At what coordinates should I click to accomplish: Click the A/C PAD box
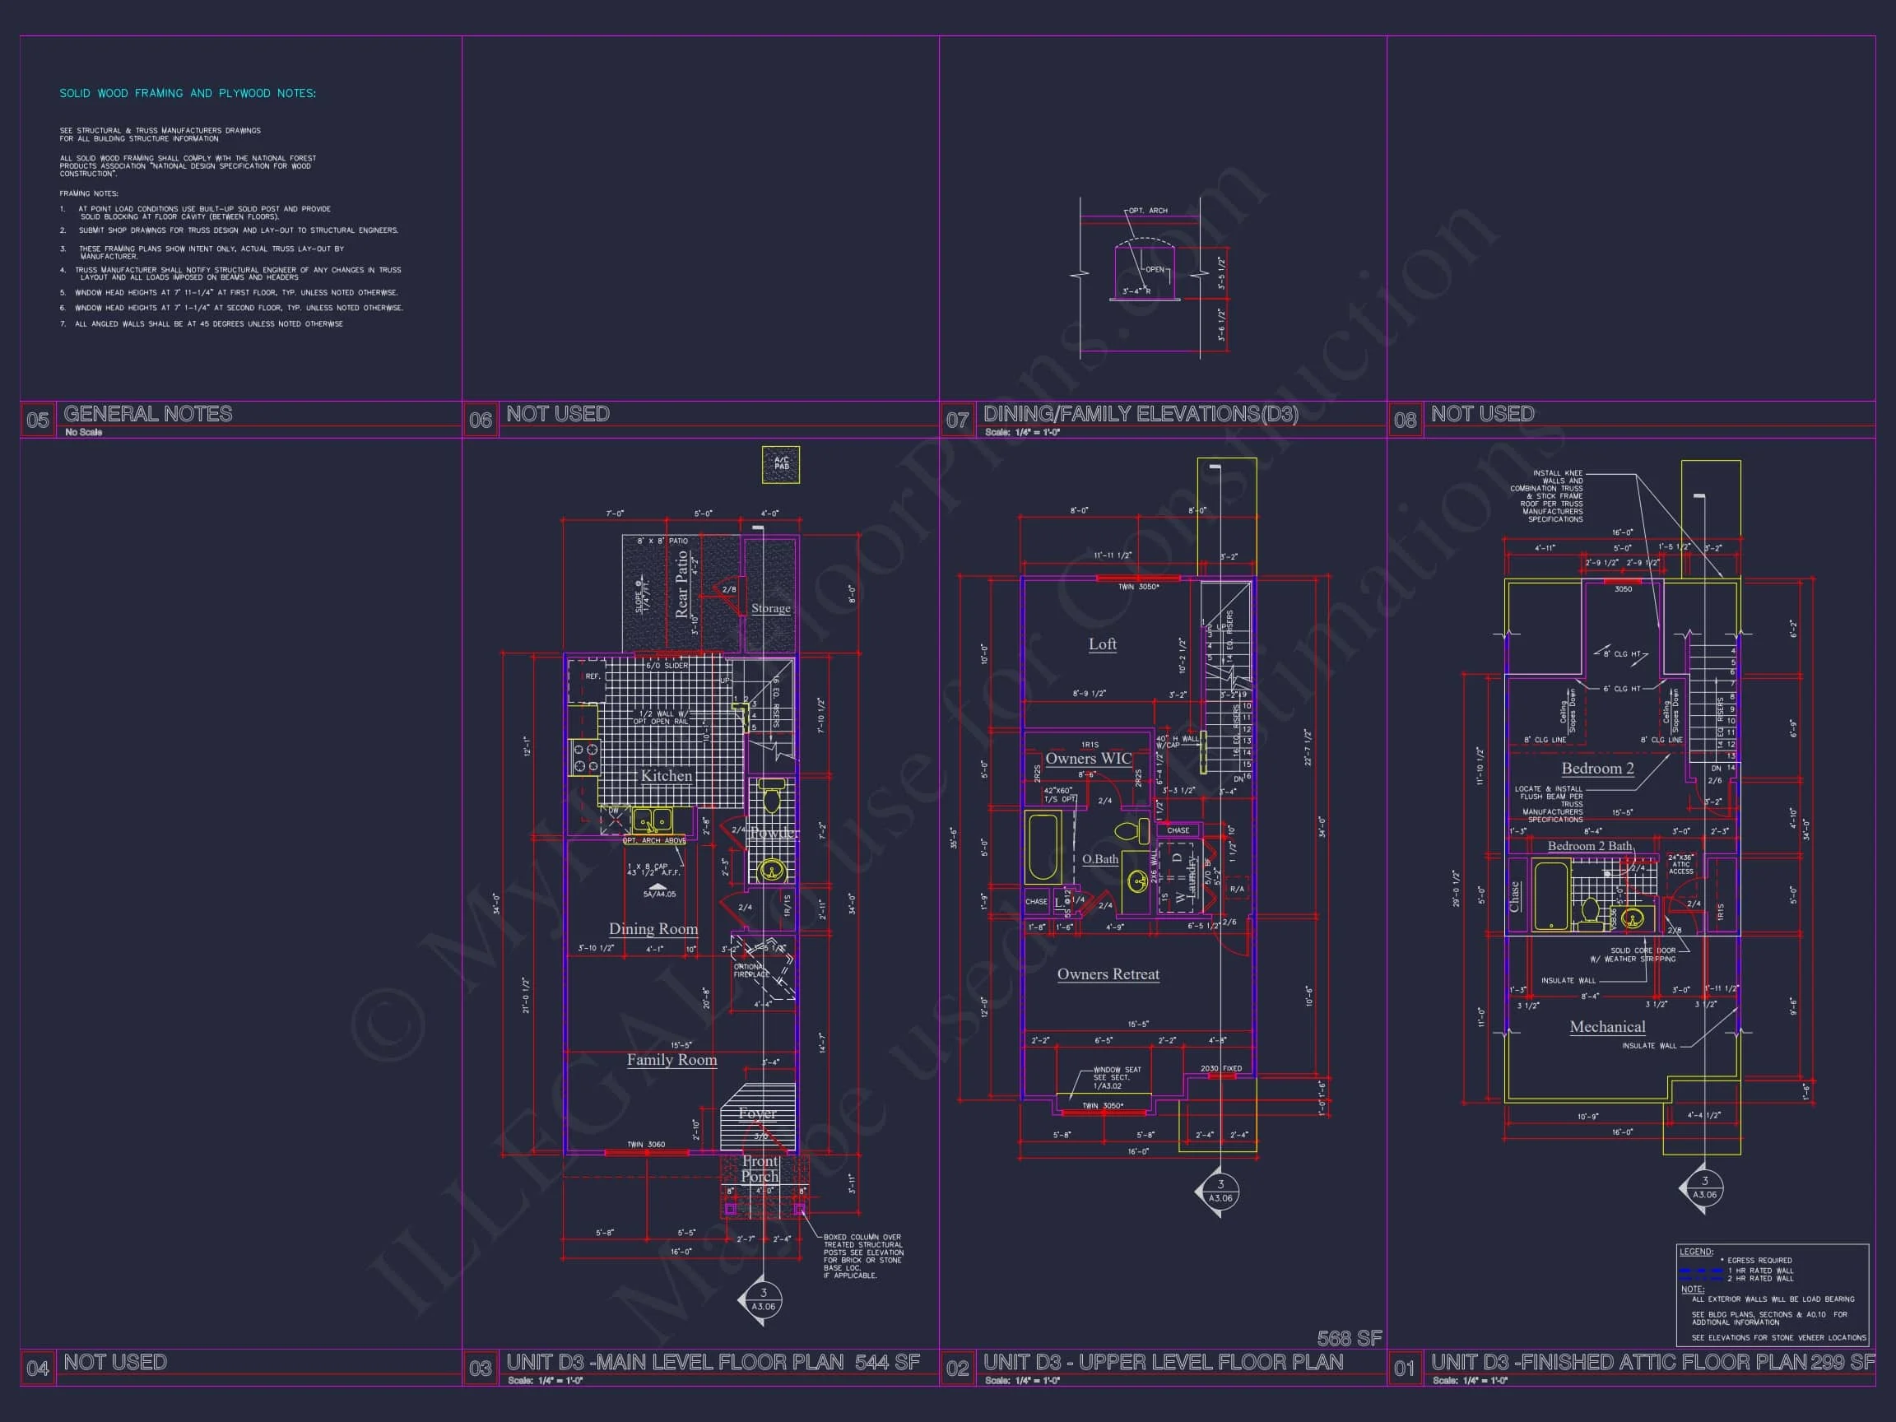pos(781,465)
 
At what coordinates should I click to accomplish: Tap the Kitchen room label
pos(666,776)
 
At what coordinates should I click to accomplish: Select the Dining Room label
pos(653,928)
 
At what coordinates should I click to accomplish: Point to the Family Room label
pos(671,1059)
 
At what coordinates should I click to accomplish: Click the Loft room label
pos(1102,644)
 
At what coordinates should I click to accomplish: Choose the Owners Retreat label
pos(1108,974)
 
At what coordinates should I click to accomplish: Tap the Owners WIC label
pos(1088,759)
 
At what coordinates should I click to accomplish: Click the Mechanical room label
pos(1607,1027)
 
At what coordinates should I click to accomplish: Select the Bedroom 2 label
pos(1596,768)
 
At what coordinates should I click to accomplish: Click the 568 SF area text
pos(1349,1338)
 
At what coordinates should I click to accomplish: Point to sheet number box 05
pos(38,420)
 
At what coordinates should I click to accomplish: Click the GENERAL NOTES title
pos(147,414)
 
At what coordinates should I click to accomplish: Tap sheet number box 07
pos(957,420)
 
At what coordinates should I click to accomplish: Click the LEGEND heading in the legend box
pos(1695,1252)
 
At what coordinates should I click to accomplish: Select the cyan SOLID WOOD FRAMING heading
pos(188,94)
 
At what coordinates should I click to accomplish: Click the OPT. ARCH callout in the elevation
pos(1148,211)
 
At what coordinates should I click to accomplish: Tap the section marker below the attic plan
pos(1704,1188)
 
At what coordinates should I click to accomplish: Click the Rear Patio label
pos(682,583)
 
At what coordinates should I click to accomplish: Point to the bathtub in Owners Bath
pos(1043,847)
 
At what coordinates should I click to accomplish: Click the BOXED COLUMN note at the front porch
pos(863,1256)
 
